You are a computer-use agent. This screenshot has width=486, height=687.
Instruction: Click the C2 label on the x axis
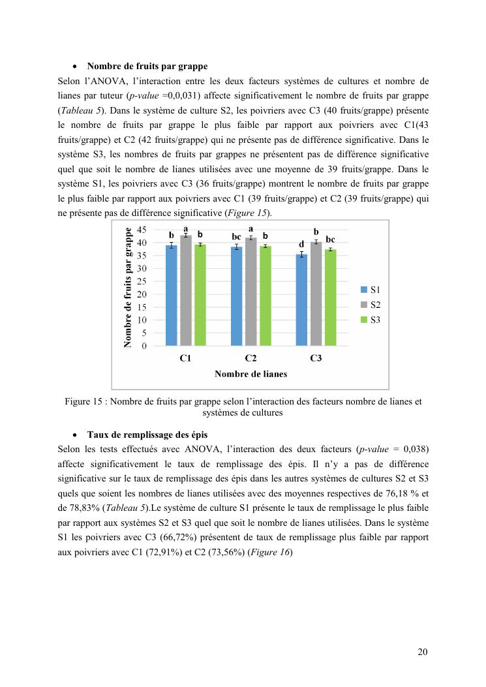pos(251,358)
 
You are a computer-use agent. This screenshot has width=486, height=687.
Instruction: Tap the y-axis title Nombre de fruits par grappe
pos(129,287)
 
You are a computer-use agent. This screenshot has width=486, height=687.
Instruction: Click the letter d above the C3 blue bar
pos(301,244)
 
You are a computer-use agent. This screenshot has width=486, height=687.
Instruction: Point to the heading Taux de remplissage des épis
pos(147,435)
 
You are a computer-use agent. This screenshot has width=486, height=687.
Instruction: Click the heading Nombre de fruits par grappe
pos(147,67)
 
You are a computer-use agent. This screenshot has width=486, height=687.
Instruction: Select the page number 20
pos(423,651)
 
